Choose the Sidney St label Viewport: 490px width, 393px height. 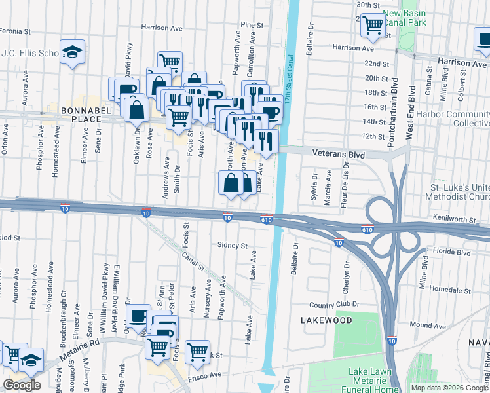point(233,246)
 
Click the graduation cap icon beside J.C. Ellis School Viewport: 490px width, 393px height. point(72,52)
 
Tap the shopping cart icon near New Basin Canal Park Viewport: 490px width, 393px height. point(373,25)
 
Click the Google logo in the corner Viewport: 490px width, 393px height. point(22,385)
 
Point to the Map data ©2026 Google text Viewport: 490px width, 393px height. point(449,388)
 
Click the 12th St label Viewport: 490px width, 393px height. point(373,136)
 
